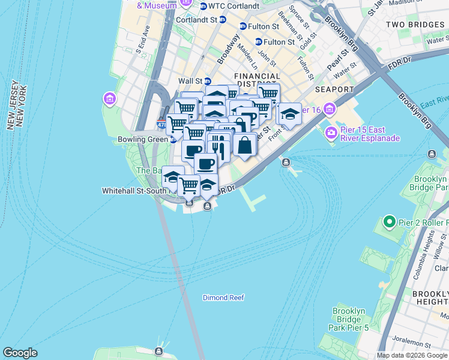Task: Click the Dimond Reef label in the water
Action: tap(223, 298)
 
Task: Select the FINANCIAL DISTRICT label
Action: tap(257, 80)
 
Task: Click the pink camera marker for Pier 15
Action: tap(331, 132)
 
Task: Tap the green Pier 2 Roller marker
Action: tap(389, 223)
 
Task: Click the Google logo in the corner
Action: tap(20, 353)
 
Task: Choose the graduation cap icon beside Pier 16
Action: tap(290, 113)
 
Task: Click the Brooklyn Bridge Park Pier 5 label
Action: tap(348, 319)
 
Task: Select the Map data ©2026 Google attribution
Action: tap(412, 355)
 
